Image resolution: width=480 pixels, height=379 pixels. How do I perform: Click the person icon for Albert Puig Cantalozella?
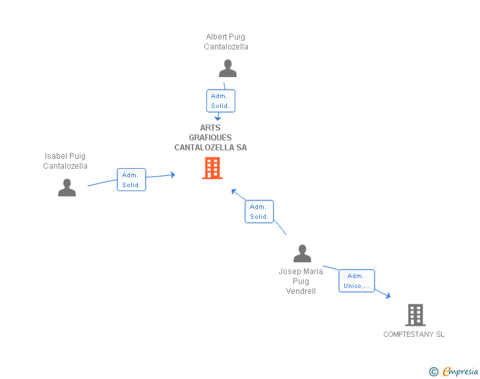227,69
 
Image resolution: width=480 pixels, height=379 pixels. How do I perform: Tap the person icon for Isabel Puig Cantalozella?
67,187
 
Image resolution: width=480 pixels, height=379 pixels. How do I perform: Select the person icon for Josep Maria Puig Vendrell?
302,254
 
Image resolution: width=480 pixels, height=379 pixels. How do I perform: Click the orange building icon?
212,168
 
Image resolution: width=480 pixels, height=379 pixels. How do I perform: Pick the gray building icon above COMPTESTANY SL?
415,315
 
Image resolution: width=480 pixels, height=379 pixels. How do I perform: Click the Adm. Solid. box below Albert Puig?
221,101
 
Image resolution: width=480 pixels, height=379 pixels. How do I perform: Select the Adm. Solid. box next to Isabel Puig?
131,180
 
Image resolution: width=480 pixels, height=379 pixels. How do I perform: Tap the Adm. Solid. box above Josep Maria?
259,212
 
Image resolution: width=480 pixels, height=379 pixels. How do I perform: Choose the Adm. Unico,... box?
357,281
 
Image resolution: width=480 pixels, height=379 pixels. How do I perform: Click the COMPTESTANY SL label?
414,334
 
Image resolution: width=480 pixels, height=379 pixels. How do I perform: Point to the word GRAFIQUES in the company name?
210,138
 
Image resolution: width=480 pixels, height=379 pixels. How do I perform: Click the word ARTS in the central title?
210,128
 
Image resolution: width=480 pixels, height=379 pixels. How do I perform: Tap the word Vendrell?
301,291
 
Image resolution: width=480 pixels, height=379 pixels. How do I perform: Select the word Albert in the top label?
215,37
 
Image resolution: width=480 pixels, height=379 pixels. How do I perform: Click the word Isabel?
56,156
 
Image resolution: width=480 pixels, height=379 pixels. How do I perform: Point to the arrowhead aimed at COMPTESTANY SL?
388,296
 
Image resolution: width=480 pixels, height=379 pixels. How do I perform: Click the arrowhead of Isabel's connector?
173,175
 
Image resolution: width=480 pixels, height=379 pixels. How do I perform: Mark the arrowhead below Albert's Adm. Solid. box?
218,118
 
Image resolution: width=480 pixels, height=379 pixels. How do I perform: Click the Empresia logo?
460,371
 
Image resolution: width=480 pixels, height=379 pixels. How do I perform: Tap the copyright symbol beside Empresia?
433,372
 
